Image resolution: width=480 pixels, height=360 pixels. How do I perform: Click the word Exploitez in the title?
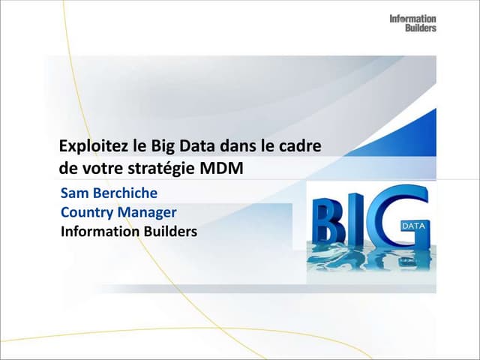point(88,145)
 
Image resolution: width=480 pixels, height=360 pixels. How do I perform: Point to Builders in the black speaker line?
point(172,232)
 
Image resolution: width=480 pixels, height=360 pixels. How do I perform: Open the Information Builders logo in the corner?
point(412,22)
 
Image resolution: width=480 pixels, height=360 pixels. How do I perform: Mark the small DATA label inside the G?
point(413,225)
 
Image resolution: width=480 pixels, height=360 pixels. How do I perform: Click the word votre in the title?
point(99,168)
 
